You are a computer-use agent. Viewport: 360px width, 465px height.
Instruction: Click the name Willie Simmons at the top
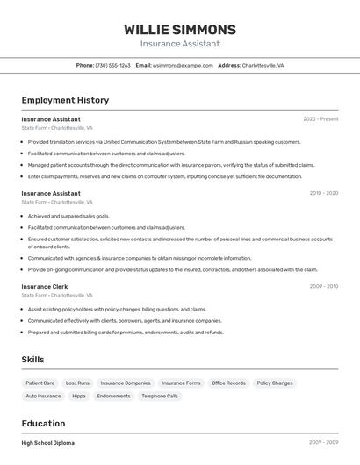tap(180, 29)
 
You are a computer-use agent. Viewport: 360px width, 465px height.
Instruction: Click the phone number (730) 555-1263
tap(113, 65)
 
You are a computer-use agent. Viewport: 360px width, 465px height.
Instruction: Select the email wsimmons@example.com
tap(183, 65)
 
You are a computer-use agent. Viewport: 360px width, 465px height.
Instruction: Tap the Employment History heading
tap(65, 100)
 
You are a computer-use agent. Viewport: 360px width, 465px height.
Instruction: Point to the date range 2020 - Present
tap(320, 119)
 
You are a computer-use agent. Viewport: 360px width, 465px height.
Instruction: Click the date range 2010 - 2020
tap(323, 193)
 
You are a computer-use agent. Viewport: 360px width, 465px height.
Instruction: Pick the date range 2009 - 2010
tap(323, 286)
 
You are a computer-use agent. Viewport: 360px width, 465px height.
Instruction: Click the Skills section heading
tap(32, 360)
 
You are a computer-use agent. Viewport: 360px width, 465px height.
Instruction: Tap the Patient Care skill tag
tap(40, 383)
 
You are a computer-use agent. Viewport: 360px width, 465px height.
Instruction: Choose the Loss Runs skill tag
tap(77, 383)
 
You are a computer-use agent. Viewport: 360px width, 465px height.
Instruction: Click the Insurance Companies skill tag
tap(125, 383)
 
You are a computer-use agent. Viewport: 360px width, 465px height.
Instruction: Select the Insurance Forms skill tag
tap(181, 383)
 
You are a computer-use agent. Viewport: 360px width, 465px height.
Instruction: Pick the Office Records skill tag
tap(228, 383)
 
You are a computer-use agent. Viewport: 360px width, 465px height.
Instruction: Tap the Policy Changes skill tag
tap(275, 383)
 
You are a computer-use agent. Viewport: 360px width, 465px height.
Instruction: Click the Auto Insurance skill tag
tap(43, 397)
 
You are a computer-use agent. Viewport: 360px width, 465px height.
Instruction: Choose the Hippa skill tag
tap(79, 397)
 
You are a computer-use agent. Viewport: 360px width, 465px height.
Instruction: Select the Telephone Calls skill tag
tap(160, 397)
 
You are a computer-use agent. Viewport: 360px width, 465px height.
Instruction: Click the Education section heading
tap(43, 423)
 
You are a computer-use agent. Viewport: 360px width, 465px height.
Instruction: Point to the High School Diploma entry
tap(47, 443)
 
